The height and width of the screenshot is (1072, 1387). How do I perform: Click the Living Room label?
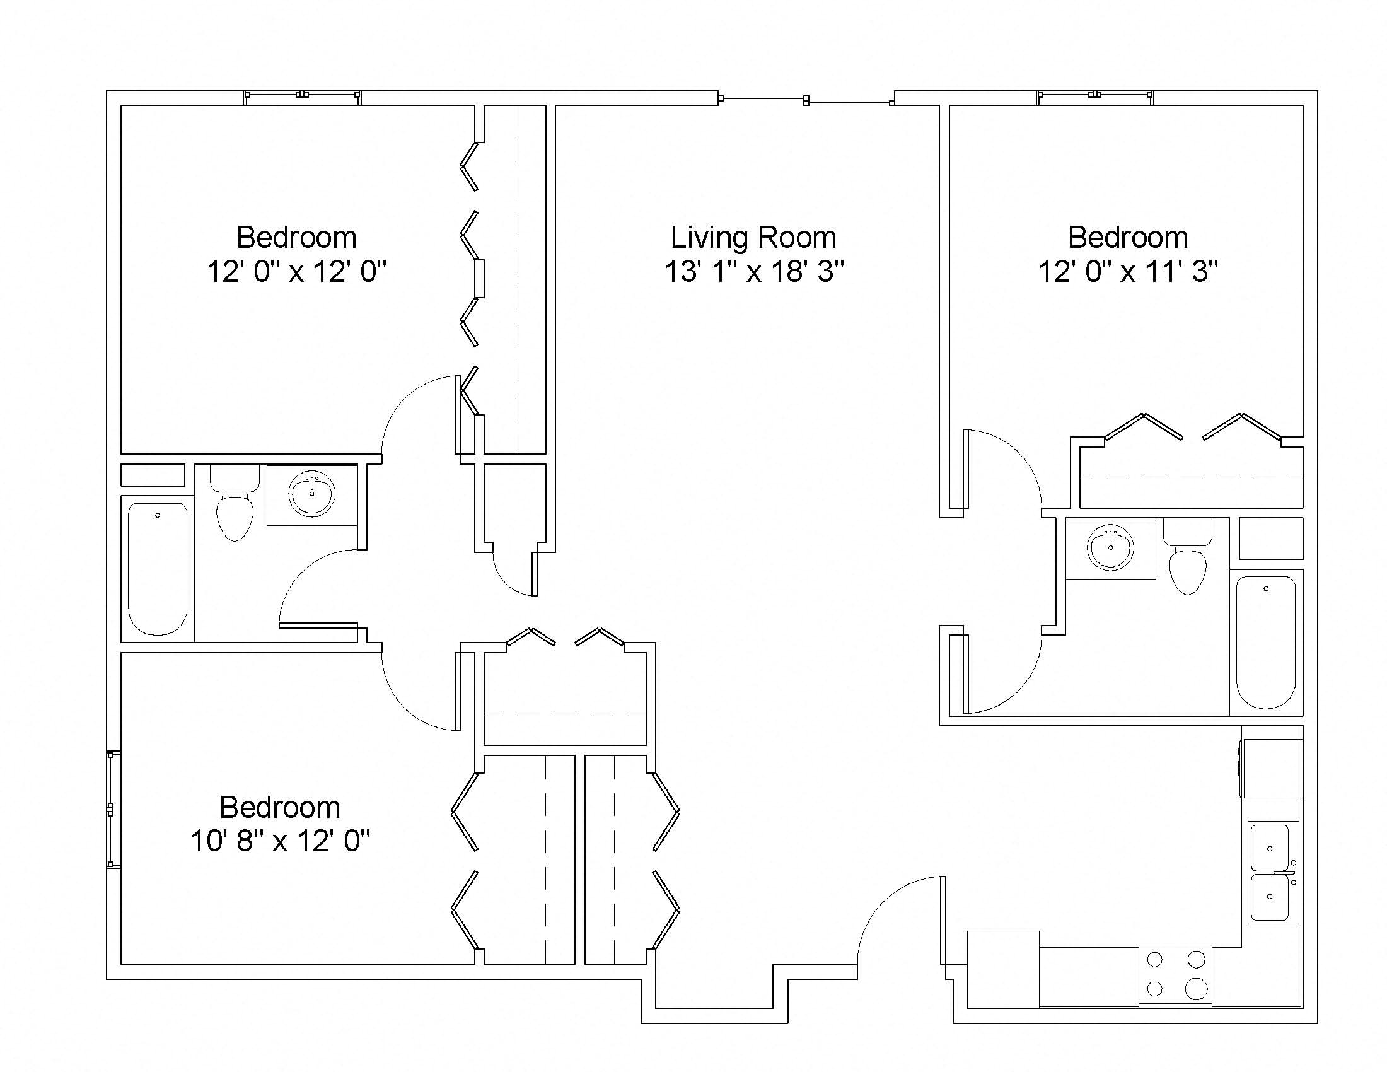[753, 238]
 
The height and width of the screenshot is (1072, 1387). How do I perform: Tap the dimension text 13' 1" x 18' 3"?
[755, 272]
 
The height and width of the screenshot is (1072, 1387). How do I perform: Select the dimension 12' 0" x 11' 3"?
[1128, 272]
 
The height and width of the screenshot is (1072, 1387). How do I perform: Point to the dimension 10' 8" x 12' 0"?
[280, 841]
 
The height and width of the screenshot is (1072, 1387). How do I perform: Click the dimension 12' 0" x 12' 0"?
[296, 272]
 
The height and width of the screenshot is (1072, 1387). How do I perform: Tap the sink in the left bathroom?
[312, 494]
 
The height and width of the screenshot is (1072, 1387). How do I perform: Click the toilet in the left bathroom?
[235, 503]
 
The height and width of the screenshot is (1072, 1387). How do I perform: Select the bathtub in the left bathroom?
[158, 569]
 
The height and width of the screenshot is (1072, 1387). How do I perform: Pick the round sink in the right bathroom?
[1110, 548]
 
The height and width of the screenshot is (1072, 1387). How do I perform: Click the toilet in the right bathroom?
[1188, 556]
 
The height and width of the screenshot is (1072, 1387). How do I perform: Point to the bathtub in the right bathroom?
[1266, 643]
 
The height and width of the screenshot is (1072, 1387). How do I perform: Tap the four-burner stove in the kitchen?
[1176, 974]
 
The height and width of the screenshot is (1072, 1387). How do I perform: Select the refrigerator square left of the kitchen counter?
[1003, 969]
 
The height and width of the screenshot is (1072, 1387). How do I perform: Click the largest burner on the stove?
[1197, 989]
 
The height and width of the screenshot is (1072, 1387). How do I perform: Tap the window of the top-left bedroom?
[303, 95]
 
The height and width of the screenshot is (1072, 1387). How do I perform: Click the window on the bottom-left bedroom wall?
[111, 809]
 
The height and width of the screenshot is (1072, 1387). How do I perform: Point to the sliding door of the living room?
[806, 100]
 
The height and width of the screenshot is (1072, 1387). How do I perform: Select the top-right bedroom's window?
[1096, 95]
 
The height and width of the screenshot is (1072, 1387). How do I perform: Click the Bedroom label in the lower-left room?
[280, 808]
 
